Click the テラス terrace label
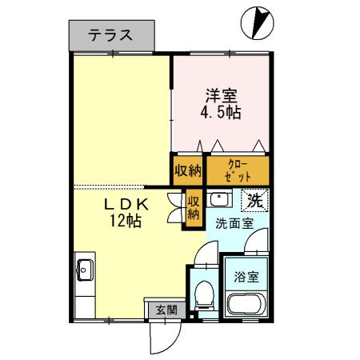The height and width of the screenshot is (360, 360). pyautogui.click(x=110, y=35)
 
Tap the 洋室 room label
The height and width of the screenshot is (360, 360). pyautogui.click(x=219, y=94)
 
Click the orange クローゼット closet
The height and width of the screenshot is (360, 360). pyautogui.click(x=238, y=170)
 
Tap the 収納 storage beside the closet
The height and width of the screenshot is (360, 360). pyautogui.click(x=189, y=170)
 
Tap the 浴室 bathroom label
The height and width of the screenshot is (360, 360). pyautogui.click(x=246, y=277)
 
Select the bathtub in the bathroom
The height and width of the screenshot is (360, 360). pyautogui.click(x=246, y=305)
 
